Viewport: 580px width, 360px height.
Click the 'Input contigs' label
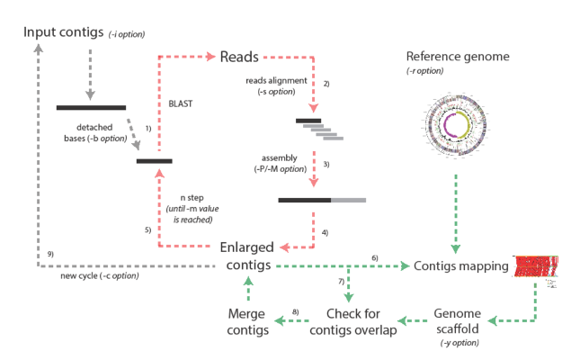(63, 32)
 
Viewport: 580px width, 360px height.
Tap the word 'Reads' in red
(239, 57)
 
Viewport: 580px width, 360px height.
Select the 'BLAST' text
(181, 104)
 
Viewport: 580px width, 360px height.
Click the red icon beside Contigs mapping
(535, 265)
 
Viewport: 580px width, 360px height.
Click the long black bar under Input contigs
(91, 108)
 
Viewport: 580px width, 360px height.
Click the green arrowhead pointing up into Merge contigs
(248, 282)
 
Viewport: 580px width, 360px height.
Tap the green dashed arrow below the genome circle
(455, 216)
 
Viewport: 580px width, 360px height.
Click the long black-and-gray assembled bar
(322, 199)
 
